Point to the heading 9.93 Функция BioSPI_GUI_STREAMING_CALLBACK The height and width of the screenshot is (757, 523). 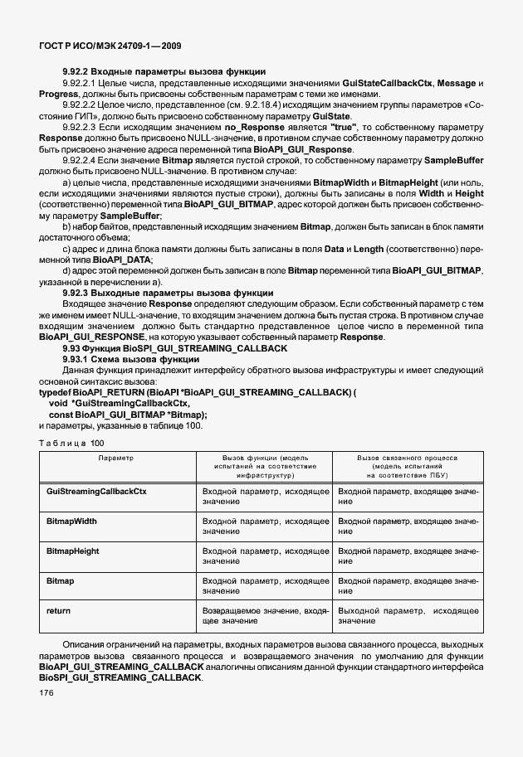click(x=175, y=348)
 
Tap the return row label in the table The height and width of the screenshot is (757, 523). click(x=58, y=610)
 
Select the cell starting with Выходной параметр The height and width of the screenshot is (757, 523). click(x=408, y=615)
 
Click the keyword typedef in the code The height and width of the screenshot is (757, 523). click(x=55, y=392)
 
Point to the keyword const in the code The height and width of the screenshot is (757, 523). click(x=61, y=414)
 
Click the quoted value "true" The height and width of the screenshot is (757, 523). click(x=344, y=128)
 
